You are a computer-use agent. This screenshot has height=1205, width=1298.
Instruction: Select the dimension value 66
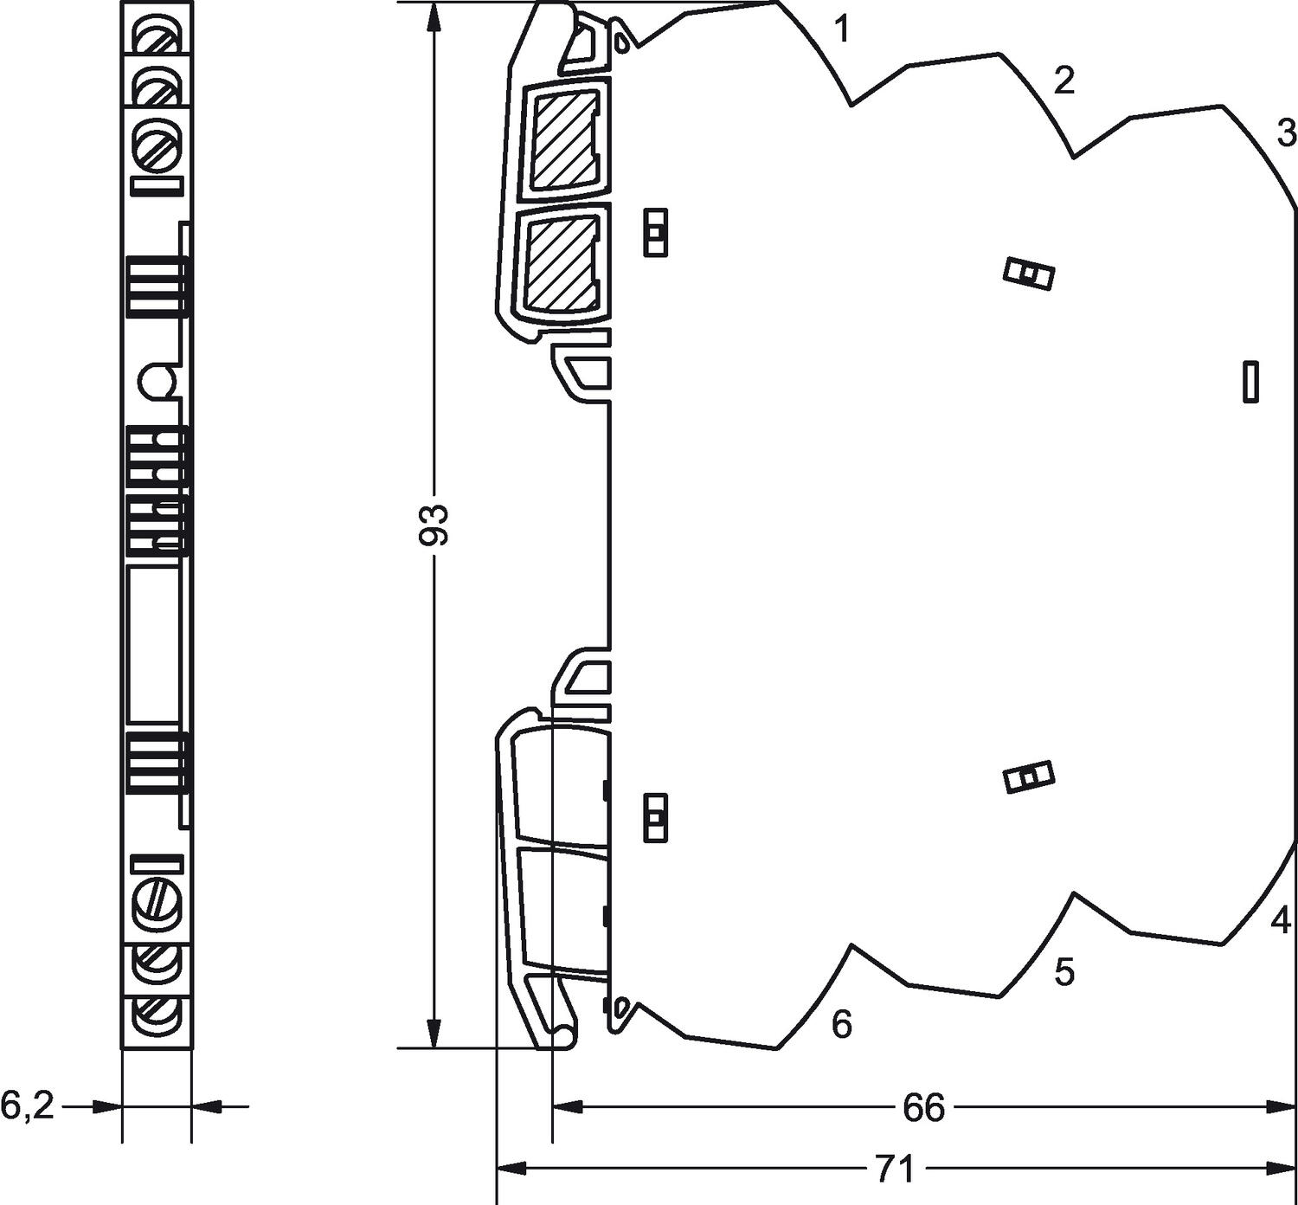pyautogui.click(x=924, y=1107)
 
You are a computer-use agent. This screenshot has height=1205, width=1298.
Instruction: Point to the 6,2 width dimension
pyautogui.click(x=28, y=1105)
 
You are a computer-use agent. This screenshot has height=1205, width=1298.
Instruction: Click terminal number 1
pyautogui.click(x=842, y=31)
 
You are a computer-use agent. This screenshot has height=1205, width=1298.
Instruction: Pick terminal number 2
pyautogui.click(x=1063, y=81)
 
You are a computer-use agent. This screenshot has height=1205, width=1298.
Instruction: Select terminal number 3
pyautogui.click(x=1287, y=133)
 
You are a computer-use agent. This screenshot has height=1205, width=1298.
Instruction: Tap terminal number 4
pyautogui.click(x=1281, y=919)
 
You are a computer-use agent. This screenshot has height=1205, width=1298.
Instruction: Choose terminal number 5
pyautogui.click(x=1064, y=972)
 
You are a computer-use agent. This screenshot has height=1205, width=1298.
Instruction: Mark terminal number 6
pyautogui.click(x=842, y=1024)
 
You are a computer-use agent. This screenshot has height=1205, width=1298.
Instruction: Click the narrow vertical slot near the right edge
pyautogui.click(x=1250, y=382)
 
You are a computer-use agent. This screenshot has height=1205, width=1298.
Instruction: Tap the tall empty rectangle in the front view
pyautogui.click(x=154, y=645)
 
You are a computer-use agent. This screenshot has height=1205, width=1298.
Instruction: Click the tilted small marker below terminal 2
pyautogui.click(x=1028, y=275)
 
